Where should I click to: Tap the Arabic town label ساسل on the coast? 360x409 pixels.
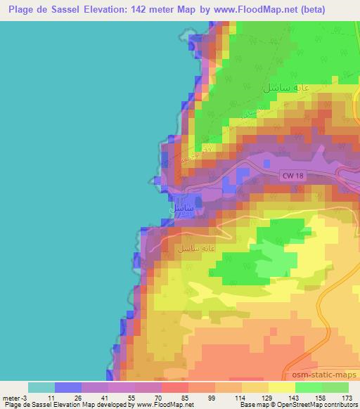182,209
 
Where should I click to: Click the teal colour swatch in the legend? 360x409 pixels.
41,387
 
